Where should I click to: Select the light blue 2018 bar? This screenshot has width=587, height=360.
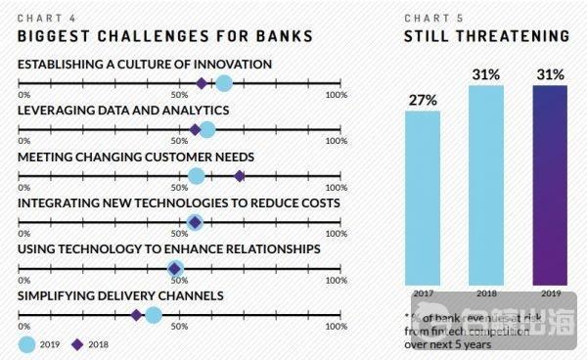pyautogui.click(x=486, y=186)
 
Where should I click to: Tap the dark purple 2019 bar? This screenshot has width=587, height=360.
pyautogui.click(x=549, y=186)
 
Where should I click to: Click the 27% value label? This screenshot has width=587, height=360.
pyautogui.click(x=424, y=100)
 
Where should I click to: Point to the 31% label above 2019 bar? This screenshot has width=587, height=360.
pyautogui.click(x=549, y=74)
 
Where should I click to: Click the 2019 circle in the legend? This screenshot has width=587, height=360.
pyautogui.click(x=27, y=343)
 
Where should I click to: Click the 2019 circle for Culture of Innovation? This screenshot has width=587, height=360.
pyautogui.click(x=224, y=83)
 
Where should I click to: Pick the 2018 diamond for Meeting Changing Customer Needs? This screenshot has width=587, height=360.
pyautogui.click(x=240, y=176)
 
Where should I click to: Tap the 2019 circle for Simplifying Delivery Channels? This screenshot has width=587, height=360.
pyautogui.click(x=154, y=314)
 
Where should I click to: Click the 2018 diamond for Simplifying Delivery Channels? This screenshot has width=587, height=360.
pyautogui.click(x=136, y=314)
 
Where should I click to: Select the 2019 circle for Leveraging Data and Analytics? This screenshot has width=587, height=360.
pyautogui.click(x=206, y=129)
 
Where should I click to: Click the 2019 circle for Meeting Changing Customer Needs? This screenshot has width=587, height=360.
pyautogui.click(x=196, y=176)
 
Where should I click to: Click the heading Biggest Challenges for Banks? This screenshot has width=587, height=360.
pyautogui.click(x=165, y=36)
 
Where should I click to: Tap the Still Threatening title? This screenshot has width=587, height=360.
pyautogui.click(x=487, y=36)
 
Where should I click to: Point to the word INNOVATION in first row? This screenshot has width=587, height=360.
pyautogui.click(x=230, y=65)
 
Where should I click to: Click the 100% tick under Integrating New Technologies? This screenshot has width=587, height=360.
pyautogui.click(x=336, y=234)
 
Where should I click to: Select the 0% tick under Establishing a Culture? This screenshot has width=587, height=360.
pyautogui.click(x=23, y=95)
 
